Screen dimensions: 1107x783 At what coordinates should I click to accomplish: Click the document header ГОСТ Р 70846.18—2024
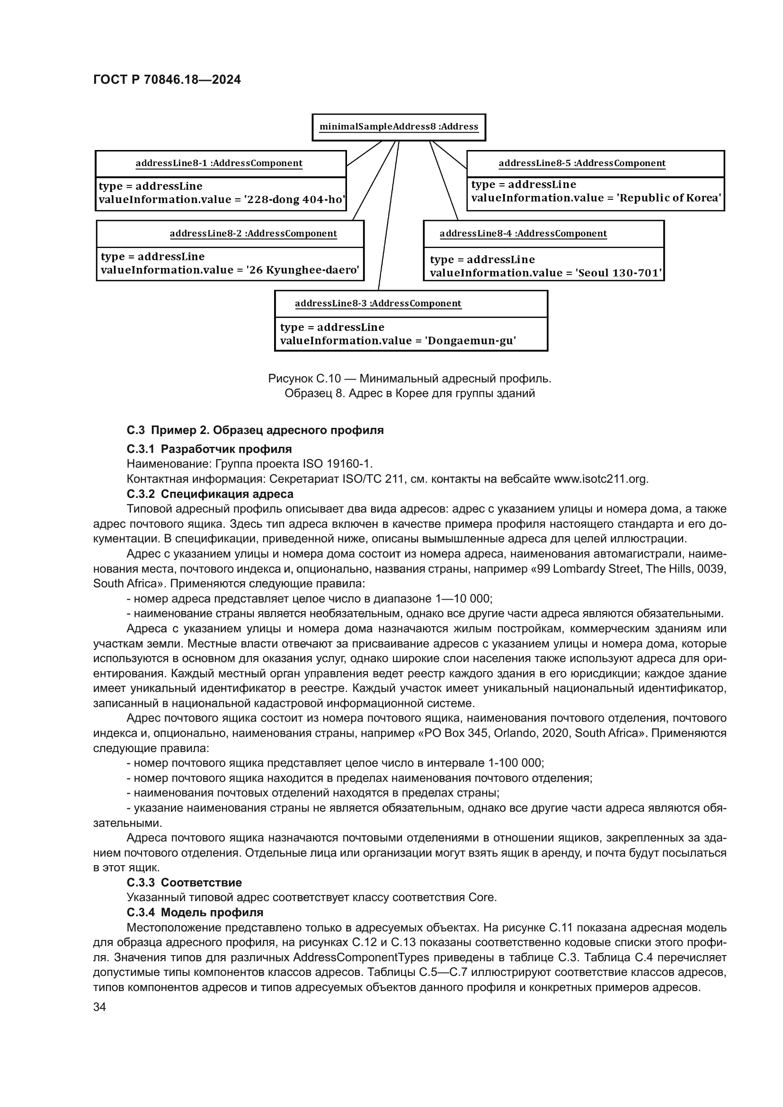point(166,80)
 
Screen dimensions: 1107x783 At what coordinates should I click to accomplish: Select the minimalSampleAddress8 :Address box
point(398,127)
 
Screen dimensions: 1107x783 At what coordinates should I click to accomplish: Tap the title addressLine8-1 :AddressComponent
point(219,163)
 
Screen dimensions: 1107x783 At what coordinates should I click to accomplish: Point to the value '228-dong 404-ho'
point(295,200)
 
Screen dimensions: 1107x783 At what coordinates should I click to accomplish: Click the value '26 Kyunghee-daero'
point(303,270)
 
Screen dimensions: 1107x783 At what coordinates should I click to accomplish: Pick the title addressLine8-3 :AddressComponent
point(377,304)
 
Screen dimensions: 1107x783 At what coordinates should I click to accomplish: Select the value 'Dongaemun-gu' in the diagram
point(470,341)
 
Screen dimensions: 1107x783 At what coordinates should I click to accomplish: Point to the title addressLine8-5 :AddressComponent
point(581,163)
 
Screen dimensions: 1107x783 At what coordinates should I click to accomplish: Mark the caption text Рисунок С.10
point(304,379)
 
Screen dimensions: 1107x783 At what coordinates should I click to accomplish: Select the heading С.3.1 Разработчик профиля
point(209,449)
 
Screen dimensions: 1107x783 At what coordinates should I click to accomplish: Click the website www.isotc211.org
point(601,479)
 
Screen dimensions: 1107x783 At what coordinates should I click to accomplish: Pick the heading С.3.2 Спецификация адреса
point(210,494)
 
